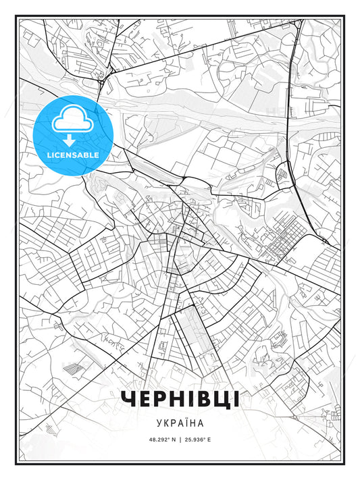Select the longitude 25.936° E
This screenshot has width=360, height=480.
197,439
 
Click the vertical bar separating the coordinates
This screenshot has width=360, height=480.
180,439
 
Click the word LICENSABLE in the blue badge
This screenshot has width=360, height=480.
73,155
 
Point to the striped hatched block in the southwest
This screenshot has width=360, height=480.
73,368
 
